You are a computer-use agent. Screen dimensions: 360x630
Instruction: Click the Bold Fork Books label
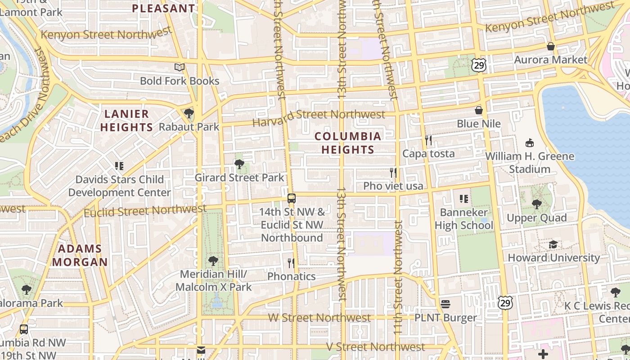pyautogui.click(x=180, y=81)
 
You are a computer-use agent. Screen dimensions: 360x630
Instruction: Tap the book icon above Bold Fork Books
pyautogui.click(x=180, y=67)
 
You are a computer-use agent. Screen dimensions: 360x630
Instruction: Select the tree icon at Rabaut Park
pyautogui.click(x=189, y=113)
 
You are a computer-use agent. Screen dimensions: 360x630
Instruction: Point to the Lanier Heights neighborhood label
pyautogui.click(x=126, y=121)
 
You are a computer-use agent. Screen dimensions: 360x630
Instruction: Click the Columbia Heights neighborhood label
pyautogui.click(x=348, y=143)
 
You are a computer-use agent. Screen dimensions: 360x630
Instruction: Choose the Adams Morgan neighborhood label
pyautogui.click(x=80, y=255)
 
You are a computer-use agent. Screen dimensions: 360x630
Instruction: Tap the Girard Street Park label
pyautogui.click(x=239, y=178)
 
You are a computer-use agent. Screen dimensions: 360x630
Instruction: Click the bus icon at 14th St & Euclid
pyautogui.click(x=292, y=198)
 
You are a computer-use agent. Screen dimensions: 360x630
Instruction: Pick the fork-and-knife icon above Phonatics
pyautogui.click(x=291, y=262)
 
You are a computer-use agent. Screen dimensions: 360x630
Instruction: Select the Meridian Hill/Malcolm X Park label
pyautogui.click(x=213, y=280)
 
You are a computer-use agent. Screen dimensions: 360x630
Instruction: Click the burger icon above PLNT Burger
pyautogui.click(x=445, y=304)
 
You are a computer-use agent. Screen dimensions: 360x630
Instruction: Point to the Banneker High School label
pyautogui.click(x=464, y=219)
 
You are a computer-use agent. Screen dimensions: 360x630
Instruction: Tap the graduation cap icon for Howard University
pyautogui.click(x=553, y=244)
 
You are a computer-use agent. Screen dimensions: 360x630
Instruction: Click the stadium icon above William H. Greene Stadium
pyautogui.click(x=530, y=143)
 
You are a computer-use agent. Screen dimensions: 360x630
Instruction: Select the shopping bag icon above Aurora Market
pyautogui.click(x=550, y=46)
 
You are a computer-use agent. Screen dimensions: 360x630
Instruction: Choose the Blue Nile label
pyautogui.click(x=479, y=124)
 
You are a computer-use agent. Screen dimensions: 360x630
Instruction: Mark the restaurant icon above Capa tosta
pyautogui.click(x=428, y=140)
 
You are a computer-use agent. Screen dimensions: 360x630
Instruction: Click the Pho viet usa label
pyautogui.click(x=393, y=186)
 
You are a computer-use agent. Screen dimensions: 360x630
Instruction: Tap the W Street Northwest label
pyautogui.click(x=319, y=318)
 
